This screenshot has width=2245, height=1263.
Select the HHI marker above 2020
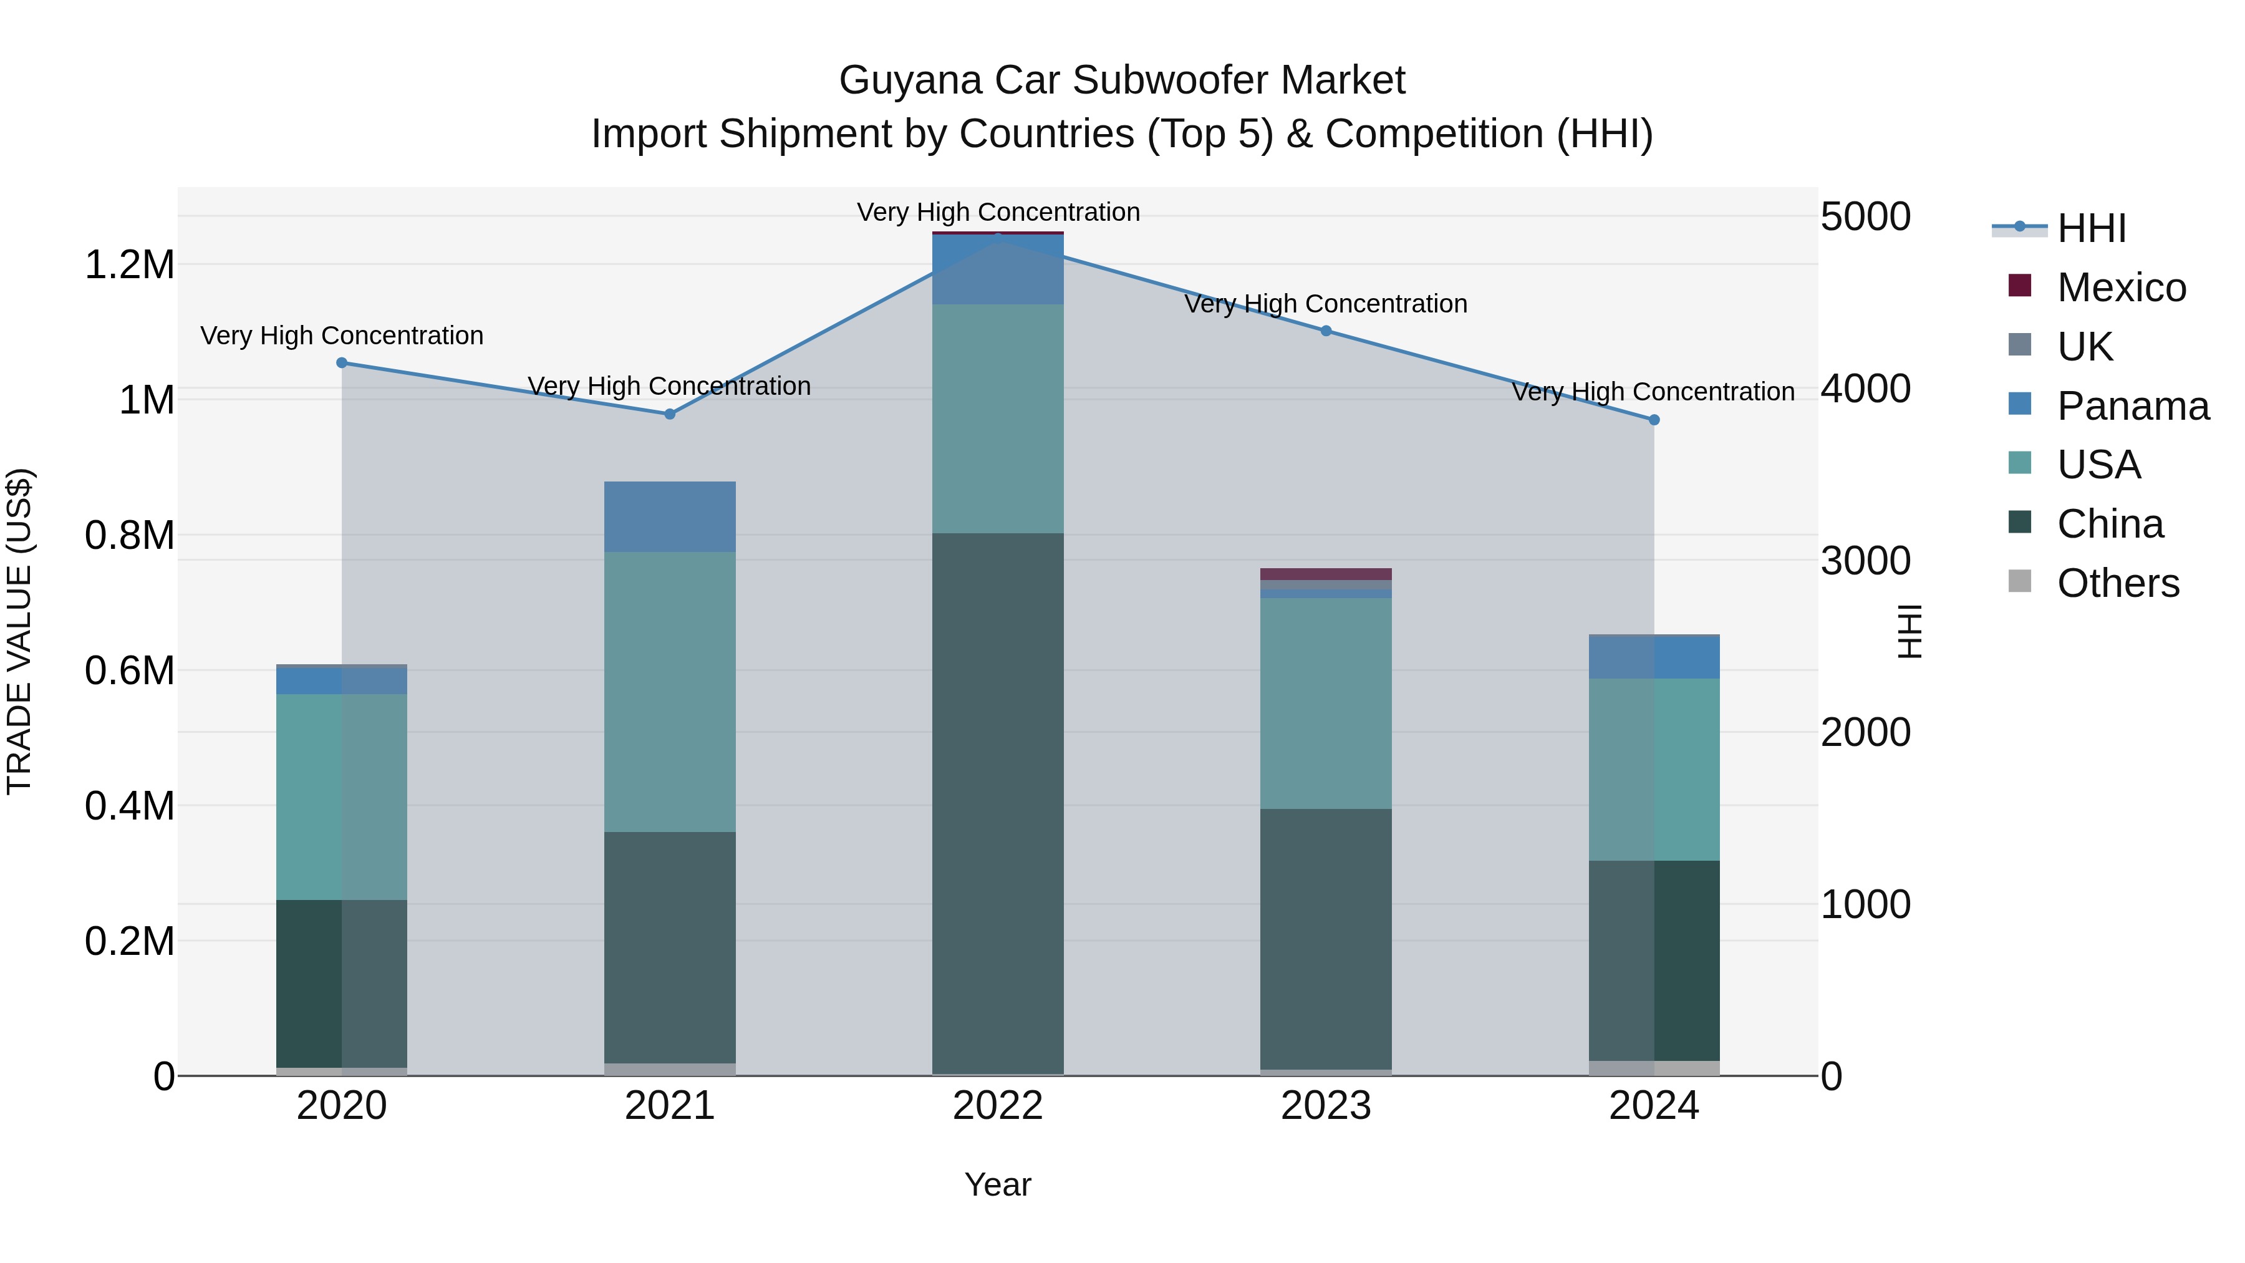point(342,362)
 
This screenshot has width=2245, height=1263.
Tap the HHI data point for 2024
point(1653,419)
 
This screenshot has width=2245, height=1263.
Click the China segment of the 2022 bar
point(998,802)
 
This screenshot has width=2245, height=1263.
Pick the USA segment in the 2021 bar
point(669,691)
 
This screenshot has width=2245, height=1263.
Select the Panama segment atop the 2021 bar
point(669,516)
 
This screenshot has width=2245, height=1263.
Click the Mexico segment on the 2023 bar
point(1326,574)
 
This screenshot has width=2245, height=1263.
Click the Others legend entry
point(2117,583)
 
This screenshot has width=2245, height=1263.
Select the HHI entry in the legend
point(2091,228)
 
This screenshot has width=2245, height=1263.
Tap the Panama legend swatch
point(2019,404)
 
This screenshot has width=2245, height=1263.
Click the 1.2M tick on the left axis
point(130,264)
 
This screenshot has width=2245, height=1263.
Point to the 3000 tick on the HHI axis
point(1865,561)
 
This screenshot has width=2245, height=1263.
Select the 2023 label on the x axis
point(1326,1106)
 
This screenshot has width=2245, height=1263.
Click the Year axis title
point(998,1184)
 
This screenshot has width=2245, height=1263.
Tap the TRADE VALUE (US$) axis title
point(19,631)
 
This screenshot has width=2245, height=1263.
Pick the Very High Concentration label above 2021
point(669,385)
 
